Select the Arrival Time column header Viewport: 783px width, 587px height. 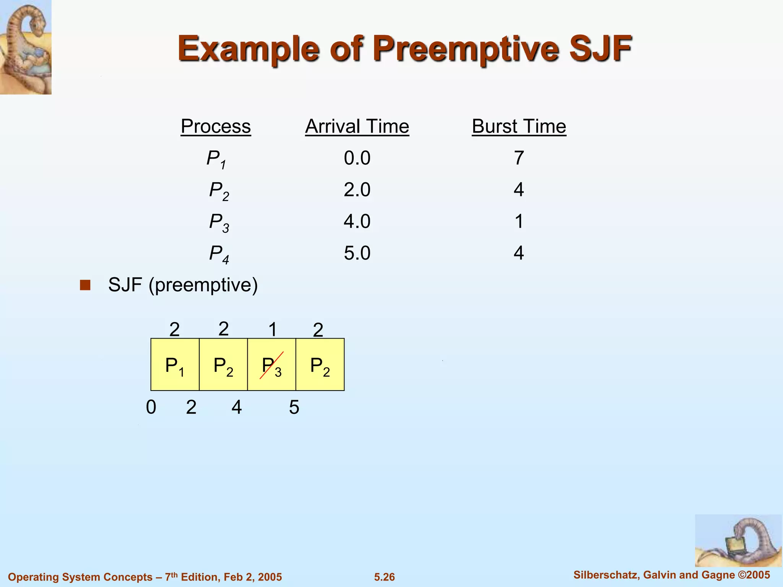coord(357,126)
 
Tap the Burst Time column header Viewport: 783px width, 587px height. coord(518,126)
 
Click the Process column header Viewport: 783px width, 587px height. coord(216,126)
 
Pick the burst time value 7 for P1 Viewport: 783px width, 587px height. coord(518,158)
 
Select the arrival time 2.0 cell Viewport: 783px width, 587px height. coord(357,190)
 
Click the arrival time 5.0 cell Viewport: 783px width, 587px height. coord(357,253)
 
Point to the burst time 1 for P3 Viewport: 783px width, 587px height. coord(518,222)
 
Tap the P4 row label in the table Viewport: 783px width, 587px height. coord(219,254)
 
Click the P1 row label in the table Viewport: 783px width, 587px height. coord(216,159)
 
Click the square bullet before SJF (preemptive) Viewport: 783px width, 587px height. coord(85,285)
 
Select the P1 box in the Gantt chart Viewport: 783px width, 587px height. coord(175,365)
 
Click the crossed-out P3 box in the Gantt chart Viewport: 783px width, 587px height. coord(271,365)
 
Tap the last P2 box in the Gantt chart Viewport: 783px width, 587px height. coord(320,365)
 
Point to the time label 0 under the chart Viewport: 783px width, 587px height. coord(151,407)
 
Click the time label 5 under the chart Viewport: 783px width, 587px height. coord(294,407)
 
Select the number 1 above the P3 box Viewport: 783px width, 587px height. coord(272,329)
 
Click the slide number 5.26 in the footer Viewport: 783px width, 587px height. coord(384,577)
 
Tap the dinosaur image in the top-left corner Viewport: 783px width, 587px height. coord(26,47)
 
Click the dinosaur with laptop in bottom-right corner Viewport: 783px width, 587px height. coord(738,540)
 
